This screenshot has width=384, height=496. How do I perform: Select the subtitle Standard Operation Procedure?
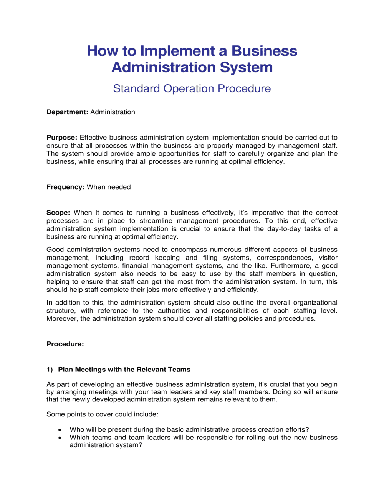pyautogui.click(x=192, y=88)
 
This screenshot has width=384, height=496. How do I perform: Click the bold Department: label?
pyautogui.click(x=67, y=112)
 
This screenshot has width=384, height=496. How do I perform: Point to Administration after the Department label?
pyautogui.click(x=113, y=112)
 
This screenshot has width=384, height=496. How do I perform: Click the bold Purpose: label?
pyautogui.click(x=62, y=137)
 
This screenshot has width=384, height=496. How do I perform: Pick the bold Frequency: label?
pyautogui.click(x=65, y=187)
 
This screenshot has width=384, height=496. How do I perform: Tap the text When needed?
pyautogui.click(x=109, y=187)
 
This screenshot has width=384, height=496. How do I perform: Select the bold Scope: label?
pyautogui.click(x=58, y=213)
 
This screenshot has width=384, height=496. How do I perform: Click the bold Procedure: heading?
pyautogui.click(x=65, y=344)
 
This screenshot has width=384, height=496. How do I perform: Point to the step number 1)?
pyautogui.click(x=50, y=370)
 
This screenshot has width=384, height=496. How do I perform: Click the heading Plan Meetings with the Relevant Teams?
pyautogui.click(x=124, y=370)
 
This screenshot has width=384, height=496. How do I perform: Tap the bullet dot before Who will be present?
pyautogui.click(x=60, y=430)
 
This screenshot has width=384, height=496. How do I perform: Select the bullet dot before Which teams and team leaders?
pyautogui.click(x=60, y=438)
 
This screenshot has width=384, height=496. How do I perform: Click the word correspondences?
pyautogui.click(x=285, y=258)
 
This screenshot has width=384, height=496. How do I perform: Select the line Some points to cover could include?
pyautogui.click(x=102, y=414)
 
